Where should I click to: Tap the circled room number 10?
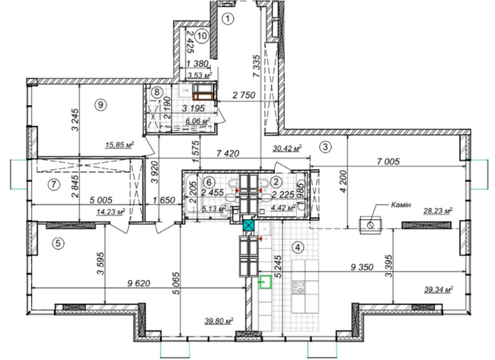(x=200, y=34)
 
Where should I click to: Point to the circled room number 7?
(x=53, y=184)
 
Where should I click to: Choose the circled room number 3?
(x=325, y=146)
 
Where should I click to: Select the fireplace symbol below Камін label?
(x=371, y=225)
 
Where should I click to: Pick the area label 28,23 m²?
(x=438, y=212)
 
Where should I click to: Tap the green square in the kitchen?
(x=266, y=283)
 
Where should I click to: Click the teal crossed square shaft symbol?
(x=247, y=225)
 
